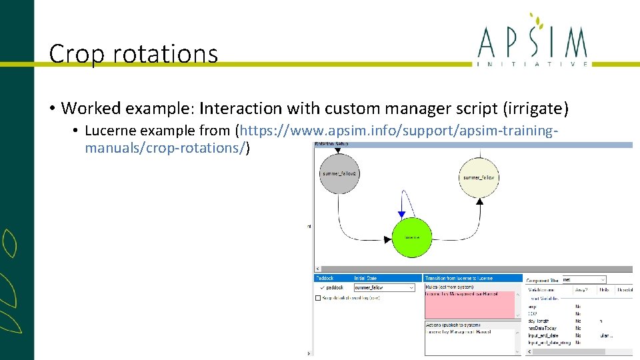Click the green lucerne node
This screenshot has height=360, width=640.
[411, 237]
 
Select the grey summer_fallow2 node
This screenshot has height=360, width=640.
[339, 173]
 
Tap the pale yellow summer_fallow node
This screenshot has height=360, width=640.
[479, 177]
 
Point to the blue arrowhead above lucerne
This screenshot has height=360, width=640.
[401, 215]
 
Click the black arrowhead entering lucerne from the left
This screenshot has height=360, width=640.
[387, 239]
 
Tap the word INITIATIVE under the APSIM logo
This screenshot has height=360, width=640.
[533, 64]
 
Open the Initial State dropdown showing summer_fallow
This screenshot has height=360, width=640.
[383, 287]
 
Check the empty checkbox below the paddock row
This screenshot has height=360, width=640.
[318, 298]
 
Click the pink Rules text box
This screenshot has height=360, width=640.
[470, 305]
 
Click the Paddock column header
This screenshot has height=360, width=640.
[327, 278]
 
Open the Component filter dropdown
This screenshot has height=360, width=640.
[584, 280]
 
